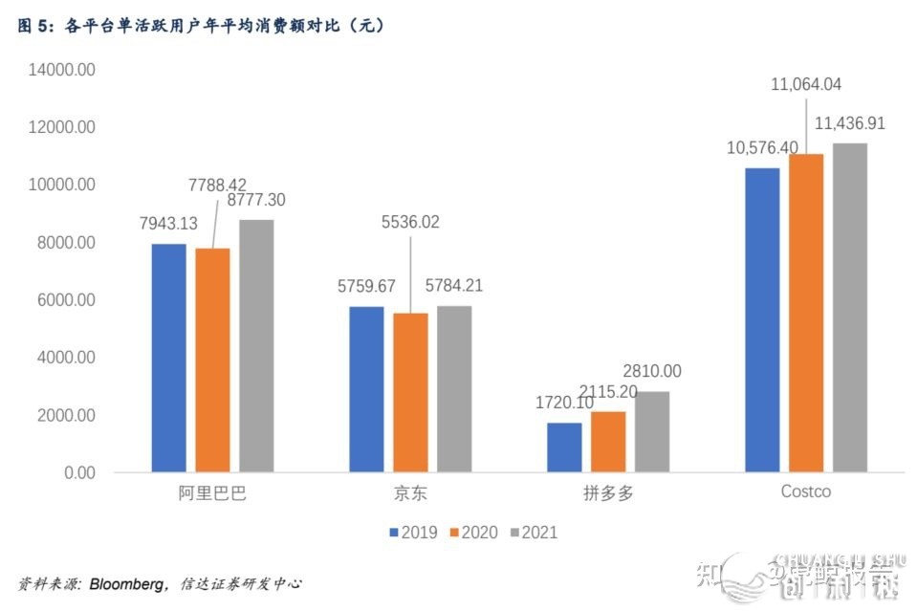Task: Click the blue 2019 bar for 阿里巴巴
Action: tap(168, 358)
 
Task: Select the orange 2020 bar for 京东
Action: tap(411, 392)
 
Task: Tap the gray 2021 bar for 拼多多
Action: tap(652, 431)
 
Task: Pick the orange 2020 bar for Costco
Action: tap(805, 313)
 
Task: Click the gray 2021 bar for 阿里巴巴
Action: tap(256, 345)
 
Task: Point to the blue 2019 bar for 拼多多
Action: tap(564, 447)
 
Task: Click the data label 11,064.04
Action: tap(805, 84)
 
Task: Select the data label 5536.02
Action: tap(411, 222)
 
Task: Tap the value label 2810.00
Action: tap(651, 371)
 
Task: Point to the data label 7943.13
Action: tap(168, 224)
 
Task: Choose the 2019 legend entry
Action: tap(413, 533)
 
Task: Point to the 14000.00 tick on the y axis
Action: tap(61, 70)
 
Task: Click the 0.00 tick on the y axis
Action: tap(78, 473)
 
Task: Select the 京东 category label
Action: tap(411, 493)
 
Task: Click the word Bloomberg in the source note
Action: tap(128, 583)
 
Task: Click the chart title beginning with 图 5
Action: tap(201, 27)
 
